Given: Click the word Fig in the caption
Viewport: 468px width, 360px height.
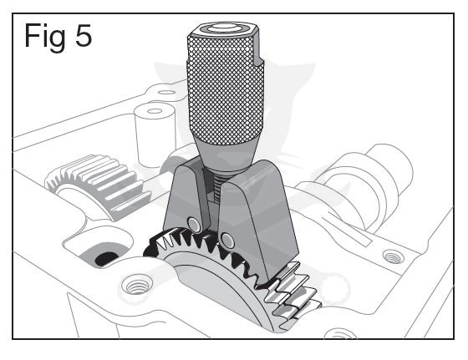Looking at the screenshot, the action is (45, 38).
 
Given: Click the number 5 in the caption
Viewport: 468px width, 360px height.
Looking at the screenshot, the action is (84, 35).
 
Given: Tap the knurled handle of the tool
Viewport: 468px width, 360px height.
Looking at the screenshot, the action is (226, 89).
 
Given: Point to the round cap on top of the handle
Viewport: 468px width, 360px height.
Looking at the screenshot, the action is (221, 28).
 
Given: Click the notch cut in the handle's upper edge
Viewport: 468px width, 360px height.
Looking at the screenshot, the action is (258, 57).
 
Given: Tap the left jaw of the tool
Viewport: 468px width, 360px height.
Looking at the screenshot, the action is (186, 197).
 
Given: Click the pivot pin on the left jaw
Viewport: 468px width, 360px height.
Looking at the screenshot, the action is (194, 224).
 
